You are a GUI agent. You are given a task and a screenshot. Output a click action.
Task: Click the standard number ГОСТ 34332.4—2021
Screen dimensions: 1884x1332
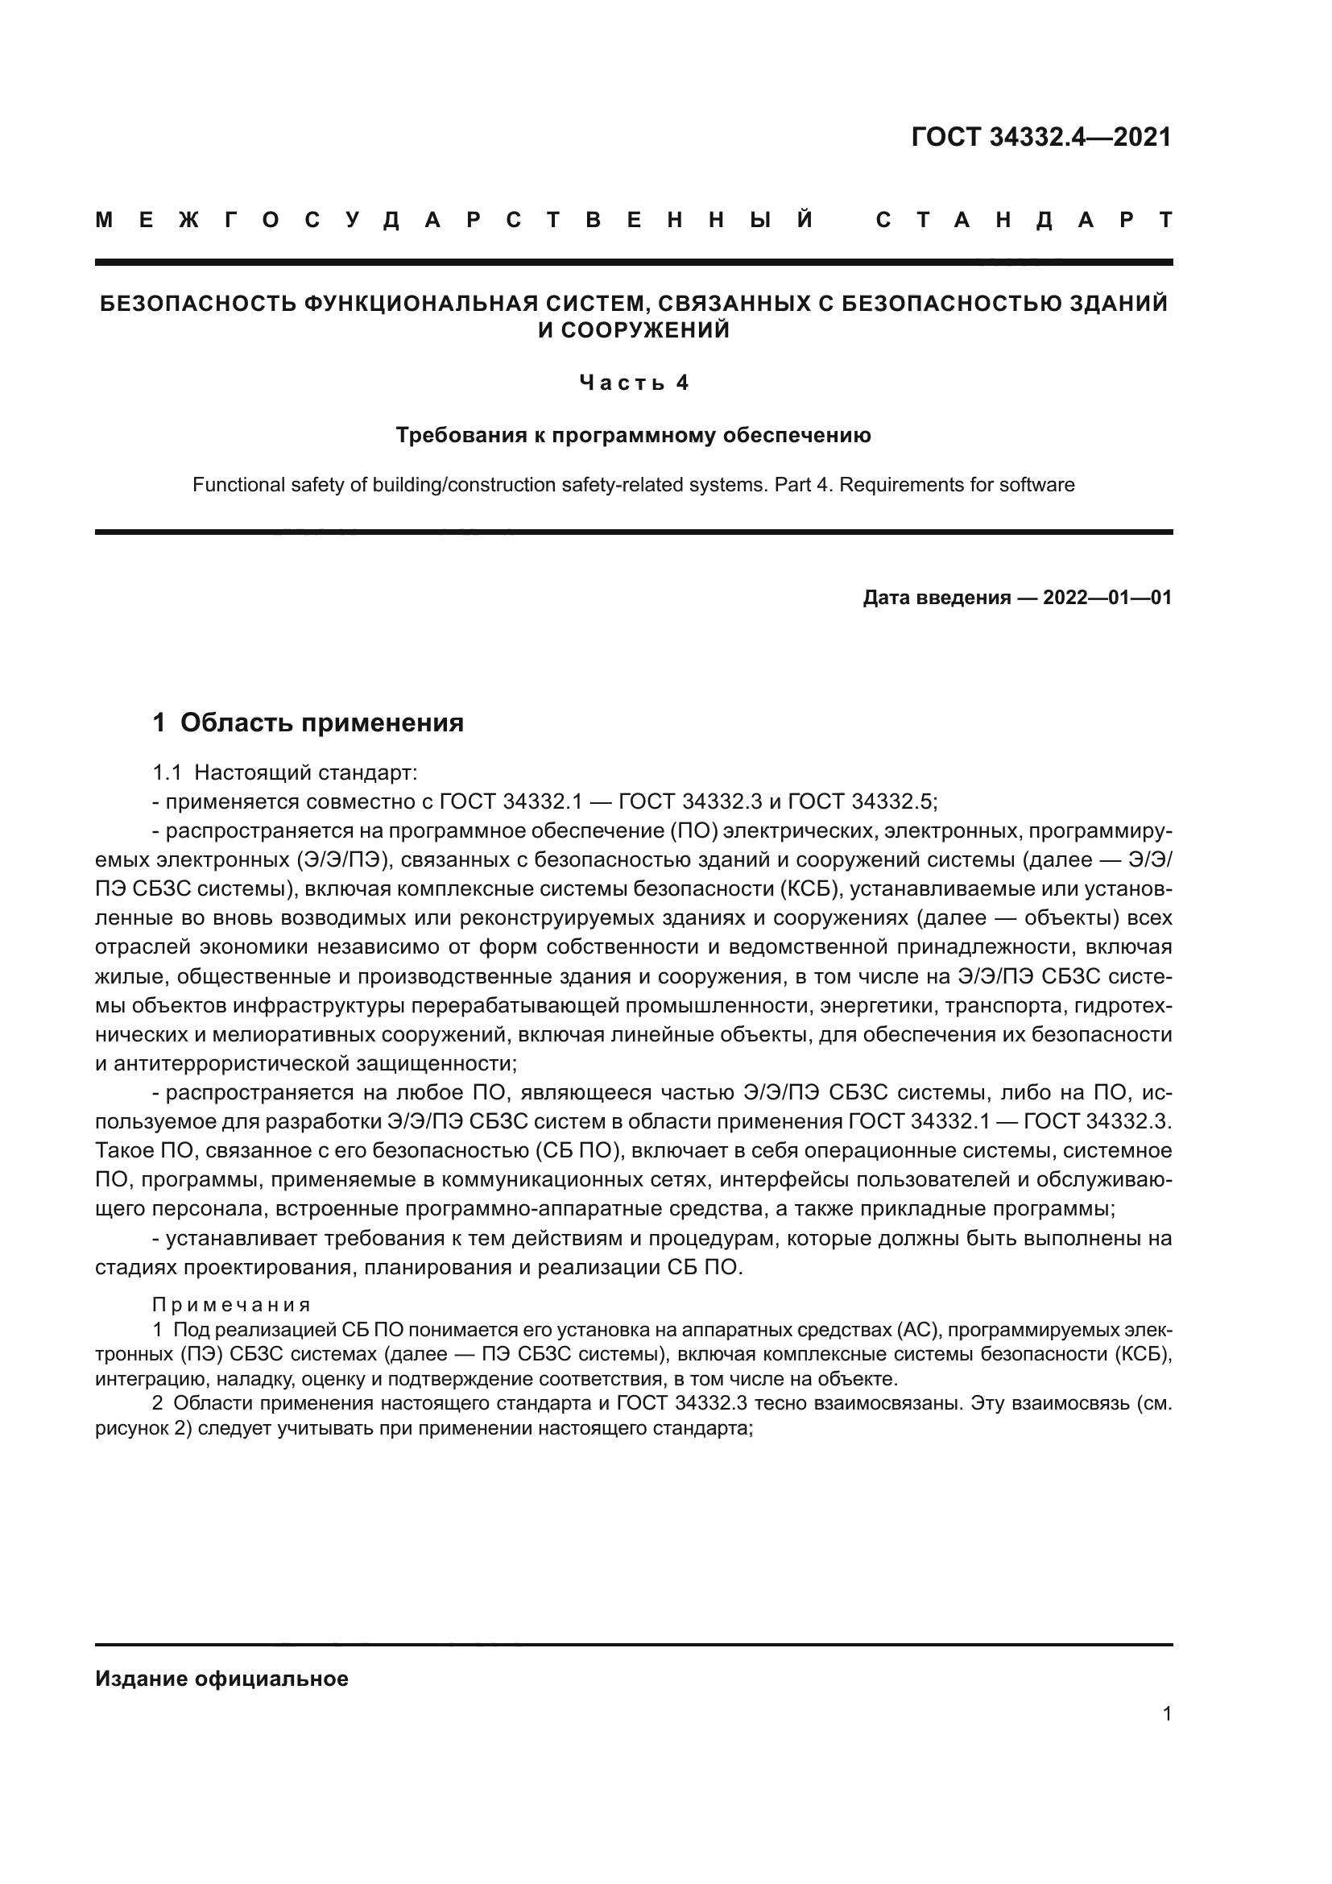click(1040, 137)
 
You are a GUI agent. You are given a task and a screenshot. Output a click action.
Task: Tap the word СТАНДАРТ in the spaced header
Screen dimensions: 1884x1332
click(1024, 221)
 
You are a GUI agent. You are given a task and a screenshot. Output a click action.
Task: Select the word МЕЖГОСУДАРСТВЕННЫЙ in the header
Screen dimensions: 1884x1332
click(454, 221)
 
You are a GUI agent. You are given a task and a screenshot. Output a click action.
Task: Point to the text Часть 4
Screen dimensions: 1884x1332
click(633, 383)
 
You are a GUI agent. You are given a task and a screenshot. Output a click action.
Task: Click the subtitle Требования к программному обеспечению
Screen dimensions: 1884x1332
click(633, 435)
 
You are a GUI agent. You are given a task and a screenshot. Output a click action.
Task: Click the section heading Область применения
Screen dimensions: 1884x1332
click(321, 723)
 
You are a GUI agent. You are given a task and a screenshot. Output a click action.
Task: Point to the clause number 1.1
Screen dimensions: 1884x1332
click(167, 772)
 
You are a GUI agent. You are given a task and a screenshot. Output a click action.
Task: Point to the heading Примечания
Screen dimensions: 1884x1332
click(231, 1305)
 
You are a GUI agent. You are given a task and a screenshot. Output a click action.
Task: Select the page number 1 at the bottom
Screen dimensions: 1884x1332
click(1166, 1713)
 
